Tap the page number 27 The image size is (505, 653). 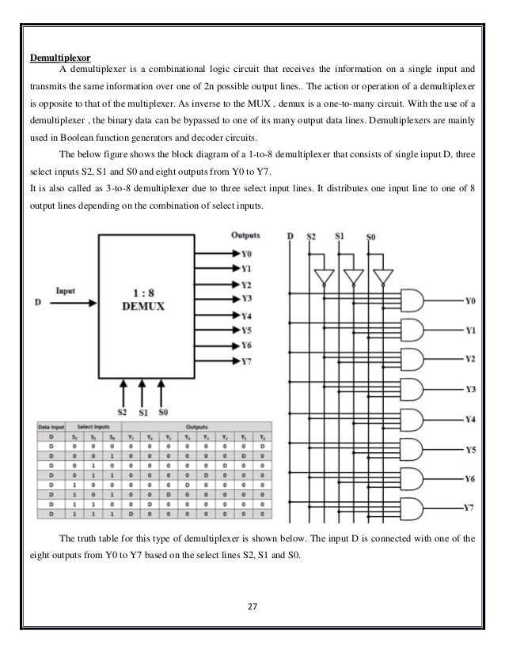click(252, 607)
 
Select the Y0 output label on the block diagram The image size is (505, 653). click(246, 254)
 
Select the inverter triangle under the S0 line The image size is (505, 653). click(382, 277)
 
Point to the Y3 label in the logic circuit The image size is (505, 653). click(469, 389)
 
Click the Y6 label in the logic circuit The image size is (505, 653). click(469, 479)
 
